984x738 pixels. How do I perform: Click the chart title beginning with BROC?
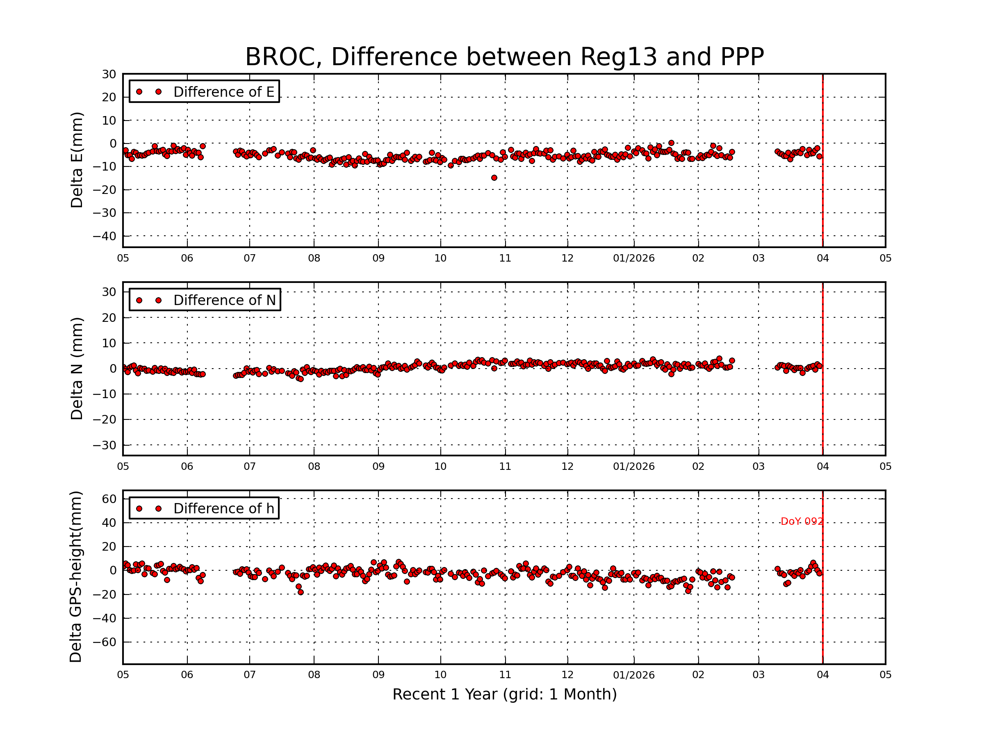(x=504, y=57)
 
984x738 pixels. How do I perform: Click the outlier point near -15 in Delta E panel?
(x=494, y=178)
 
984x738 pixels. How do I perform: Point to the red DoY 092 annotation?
(x=802, y=522)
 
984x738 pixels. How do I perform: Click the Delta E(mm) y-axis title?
(x=77, y=160)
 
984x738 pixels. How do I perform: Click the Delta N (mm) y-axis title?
(x=77, y=368)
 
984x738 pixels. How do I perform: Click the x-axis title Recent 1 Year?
(x=504, y=694)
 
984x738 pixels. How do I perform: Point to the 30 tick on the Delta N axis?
(x=109, y=292)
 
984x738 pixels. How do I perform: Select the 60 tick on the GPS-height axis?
(x=109, y=499)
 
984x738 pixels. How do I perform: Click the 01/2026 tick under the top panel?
(x=633, y=258)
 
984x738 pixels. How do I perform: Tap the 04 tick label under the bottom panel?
(x=822, y=675)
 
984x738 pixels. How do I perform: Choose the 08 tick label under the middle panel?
(x=314, y=467)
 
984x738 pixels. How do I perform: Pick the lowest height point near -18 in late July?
(x=301, y=592)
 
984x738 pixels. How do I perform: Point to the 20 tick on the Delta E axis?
(x=109, y=98)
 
